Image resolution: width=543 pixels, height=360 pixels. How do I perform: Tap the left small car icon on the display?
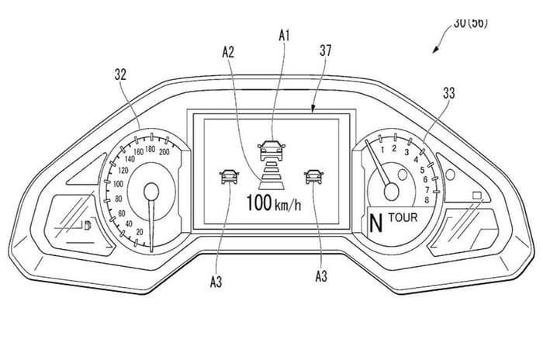click(229, 175)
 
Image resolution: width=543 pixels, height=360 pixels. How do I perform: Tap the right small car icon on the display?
click(313, 175)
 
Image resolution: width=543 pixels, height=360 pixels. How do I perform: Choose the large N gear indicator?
click(376, 223)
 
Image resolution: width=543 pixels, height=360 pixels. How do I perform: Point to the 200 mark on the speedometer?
click(164, 153)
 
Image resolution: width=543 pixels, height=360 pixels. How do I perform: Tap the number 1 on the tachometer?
click(394, 147)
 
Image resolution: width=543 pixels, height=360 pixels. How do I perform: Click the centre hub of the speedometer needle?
click(152, 189)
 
